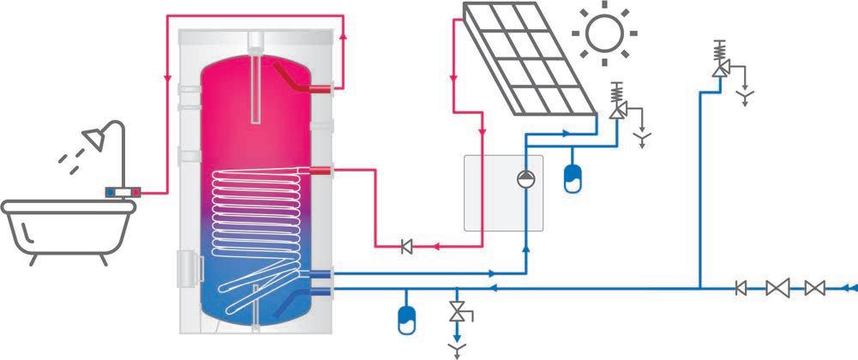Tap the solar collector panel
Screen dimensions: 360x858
point(526,60)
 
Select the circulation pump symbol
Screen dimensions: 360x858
point(525,179)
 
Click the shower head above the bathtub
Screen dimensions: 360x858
point(92,137)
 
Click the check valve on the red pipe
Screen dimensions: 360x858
point(407,248)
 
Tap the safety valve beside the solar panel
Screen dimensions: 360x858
point(617,109)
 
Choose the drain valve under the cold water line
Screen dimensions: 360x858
point(457,315)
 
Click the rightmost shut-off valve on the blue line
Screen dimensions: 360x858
point(815,289)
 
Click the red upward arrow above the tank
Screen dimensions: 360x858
point(343,37)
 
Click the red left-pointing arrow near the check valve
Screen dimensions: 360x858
point(435,248)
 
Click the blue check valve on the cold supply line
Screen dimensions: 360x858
point(741,289)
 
